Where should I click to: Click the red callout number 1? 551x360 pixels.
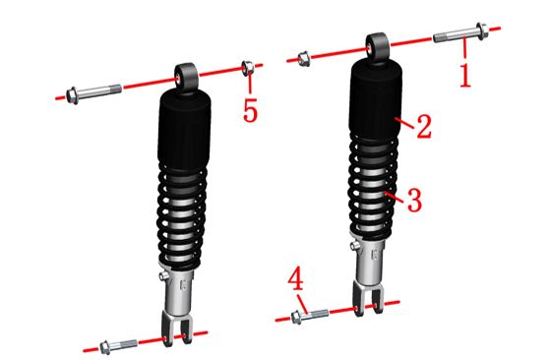pyautogui.click(x=465, y=75)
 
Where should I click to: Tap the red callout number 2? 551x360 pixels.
pyautogui.click(x=424, y=126)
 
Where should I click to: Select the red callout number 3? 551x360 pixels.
pyautogui.click(x=414, y=200)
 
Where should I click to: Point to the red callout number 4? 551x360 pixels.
pyautogui.click(x=296, y=278)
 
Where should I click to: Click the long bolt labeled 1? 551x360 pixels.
pyautogui.click(x=460, y=33)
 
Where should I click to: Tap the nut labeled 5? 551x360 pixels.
pyautogui.click(x=248, y=68)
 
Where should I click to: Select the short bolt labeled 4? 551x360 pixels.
pyautogui.click(x=310, y=316)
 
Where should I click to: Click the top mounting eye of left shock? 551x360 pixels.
pyautogui.click(x=187, y=78)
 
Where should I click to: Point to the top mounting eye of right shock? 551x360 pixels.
pyautogui.click(x=378, y=46)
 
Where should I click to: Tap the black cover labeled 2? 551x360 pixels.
pyautogui.click(x=376, y=97)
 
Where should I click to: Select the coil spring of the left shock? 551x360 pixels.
pyautogui.click(x=182, y=216)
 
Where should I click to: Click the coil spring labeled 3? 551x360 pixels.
pyautogui.click(x=374, y=184)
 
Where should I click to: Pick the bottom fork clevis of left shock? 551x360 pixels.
pyautogui.click(x=177, y=328)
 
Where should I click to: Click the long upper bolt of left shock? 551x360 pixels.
pyautogui.click(x=93, y=92)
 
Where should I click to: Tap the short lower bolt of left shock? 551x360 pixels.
pyautogui.click(x=118, y=345)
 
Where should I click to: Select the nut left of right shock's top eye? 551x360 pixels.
pyautogui.click(x=304, y=59)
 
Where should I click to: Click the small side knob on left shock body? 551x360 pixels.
pyautogui.click(x=162, y=276)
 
